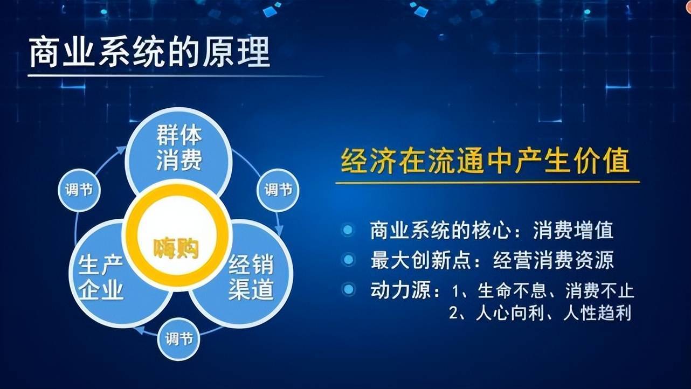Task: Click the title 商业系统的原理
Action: [150, 52]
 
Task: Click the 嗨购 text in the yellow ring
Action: [176, 248]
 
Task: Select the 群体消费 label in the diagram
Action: [179, 148]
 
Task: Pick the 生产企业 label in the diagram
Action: [101, 278]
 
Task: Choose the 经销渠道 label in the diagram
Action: [251, 277]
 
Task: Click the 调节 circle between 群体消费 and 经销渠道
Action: [278, 190]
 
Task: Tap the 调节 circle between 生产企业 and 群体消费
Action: [79, 190]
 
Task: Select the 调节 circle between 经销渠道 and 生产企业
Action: [179, 339]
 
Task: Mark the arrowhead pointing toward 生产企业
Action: [140, 330]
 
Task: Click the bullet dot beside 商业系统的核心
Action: [348, 230]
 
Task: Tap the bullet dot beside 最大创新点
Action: [348, 260]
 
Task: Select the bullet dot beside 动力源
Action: [349, 289]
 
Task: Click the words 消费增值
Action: [573, 230]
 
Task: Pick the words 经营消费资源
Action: [554, 260]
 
